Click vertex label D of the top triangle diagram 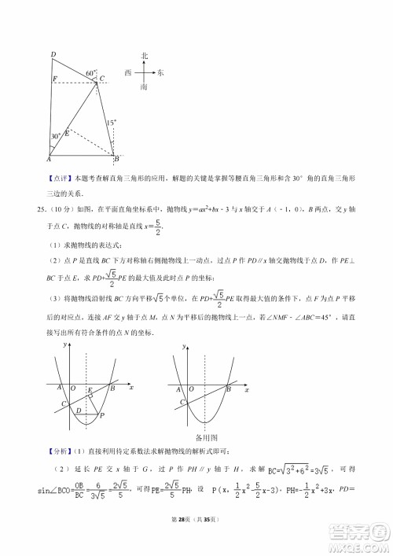tap(53, 53)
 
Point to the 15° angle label tap(112, 123)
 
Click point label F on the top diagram tap(53, 79)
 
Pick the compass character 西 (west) tap(128, 72)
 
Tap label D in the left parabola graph tap(77, 409)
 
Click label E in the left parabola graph tap(90, 390)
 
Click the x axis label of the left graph tap(130, 388)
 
